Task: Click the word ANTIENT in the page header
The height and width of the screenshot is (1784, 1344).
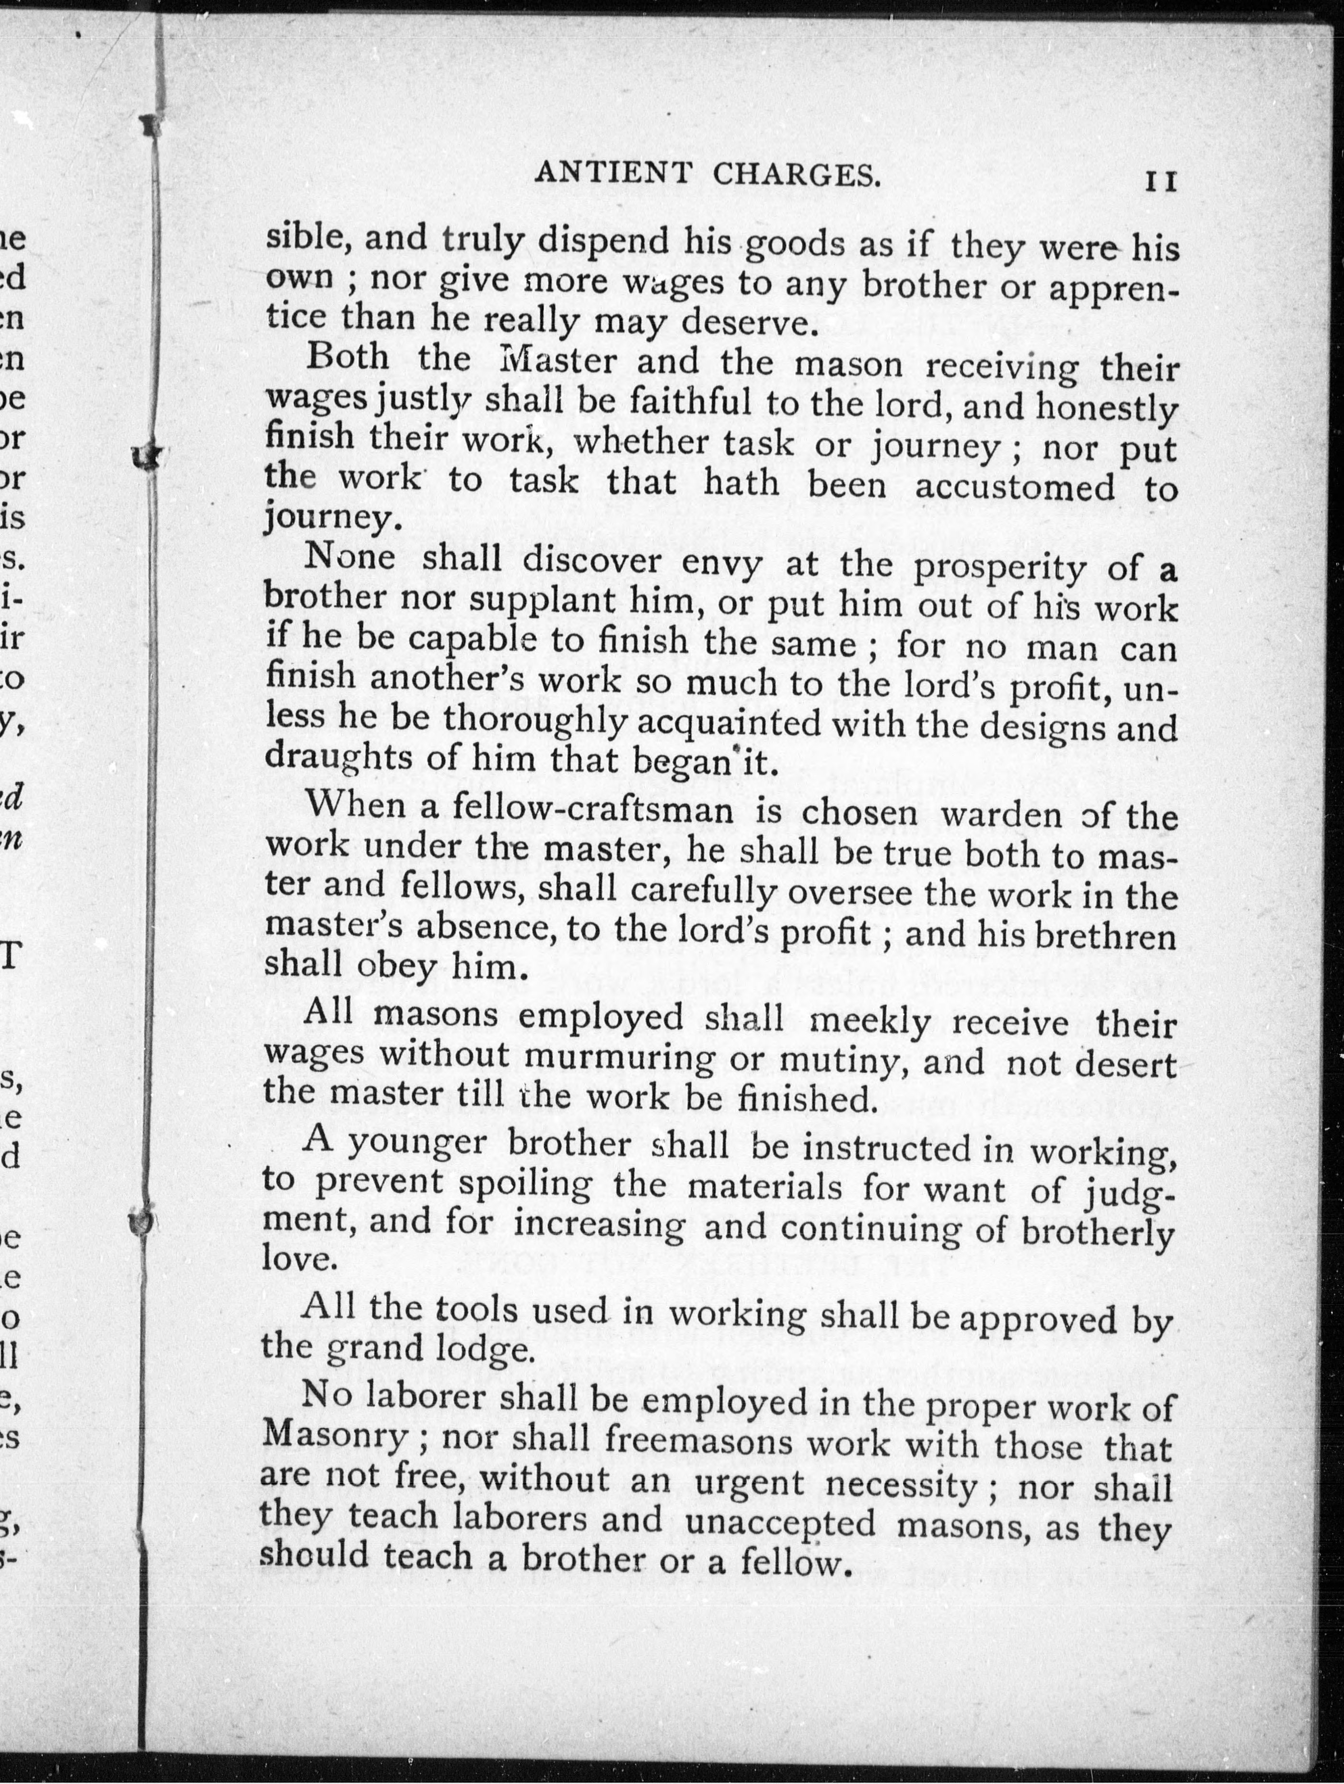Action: pyautogui.click(x=613, y=174)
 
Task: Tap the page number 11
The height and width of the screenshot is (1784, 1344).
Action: pyautogui.click(x=1161, y=181)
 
